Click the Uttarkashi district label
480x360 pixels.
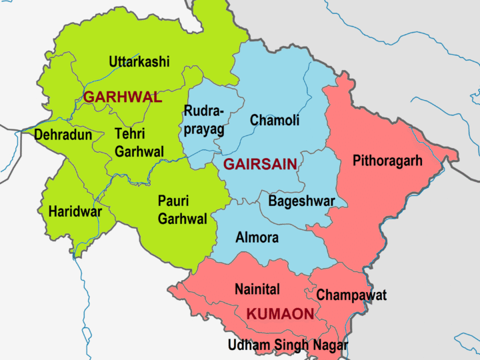[139, 62]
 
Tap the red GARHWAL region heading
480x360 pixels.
[122, 97]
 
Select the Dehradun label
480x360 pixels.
[63, 135]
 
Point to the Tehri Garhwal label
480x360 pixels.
[139, 143]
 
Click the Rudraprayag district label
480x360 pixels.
[204, 120]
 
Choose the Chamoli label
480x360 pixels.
[274, 121]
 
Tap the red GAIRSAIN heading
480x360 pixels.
[260, 164]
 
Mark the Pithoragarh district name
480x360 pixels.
[387, 161]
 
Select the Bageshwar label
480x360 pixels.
[301, 201]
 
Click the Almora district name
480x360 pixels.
[257, 237]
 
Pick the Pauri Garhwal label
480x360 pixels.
[182, 209]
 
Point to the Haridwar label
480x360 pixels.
[75, 212]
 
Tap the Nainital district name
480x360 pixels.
[257, 289]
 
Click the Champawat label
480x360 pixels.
[351, 295]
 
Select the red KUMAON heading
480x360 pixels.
[280, 314]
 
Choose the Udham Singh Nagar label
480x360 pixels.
[287, 345]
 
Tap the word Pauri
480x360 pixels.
[173, 201]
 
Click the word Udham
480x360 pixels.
[249, 345]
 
